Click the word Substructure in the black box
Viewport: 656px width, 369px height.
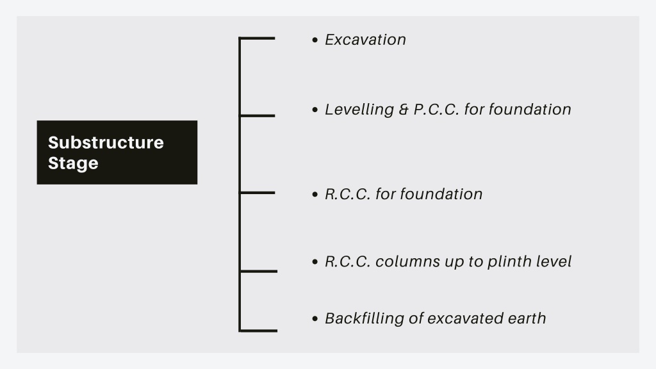pyautogui.click(x=106, y=143)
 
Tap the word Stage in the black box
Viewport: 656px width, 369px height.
pyautogui.click(x=73, y=163)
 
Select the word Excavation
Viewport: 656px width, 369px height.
pyautogui.click(x=365, y=40)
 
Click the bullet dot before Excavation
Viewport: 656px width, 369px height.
pyautogui.click(x=315, y=40)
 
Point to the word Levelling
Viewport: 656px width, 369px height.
pyautogui.click(x=359, y=110)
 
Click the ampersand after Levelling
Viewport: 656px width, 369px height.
pyautogui.click(x=404, y=110)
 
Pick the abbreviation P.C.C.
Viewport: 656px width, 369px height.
pyautogui.click(x=436, y=110)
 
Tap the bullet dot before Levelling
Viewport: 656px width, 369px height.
pyautogui.click(x=315, y=110)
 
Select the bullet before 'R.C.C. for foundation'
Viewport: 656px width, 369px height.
pyautogui.click(x=315, y=194)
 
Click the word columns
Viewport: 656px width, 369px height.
pyautogui.click(x=407, y=261)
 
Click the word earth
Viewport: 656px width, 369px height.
pyautogui.click(x=527, y=318)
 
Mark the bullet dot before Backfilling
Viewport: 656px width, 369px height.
pyautogui.click(x=315, y=318)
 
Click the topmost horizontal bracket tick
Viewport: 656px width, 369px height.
pyautogui.click(x=257, y=38)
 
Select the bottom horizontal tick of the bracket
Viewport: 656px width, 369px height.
pyautogui.click(x=258, y=331)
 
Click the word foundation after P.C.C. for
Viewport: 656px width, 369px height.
pyautogui.click(x=530, y=110)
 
